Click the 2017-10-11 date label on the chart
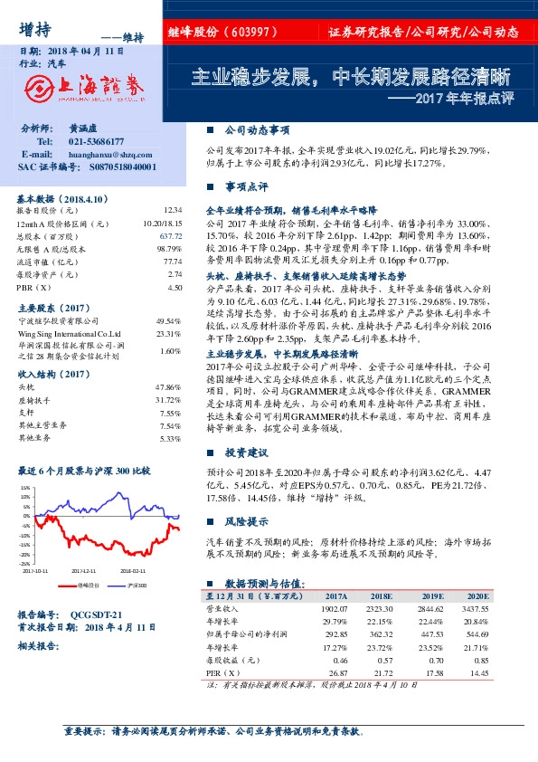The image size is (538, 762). pyautogui.click(x=37, y=571)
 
